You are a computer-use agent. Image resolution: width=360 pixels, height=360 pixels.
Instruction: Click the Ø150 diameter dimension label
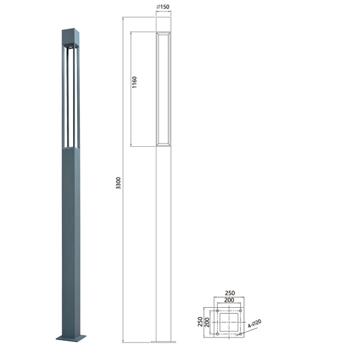(163, 7)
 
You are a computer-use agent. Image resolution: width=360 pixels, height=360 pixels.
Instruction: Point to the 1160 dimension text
(134, 83)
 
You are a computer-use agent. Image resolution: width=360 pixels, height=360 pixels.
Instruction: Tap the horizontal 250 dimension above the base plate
(229, 293)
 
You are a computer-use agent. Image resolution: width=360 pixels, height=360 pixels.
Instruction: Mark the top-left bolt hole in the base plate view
(218, 310)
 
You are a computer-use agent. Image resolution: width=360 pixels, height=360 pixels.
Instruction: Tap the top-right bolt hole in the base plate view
(241, 310)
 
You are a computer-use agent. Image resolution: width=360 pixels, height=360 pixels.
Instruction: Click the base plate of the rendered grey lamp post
(70, 337)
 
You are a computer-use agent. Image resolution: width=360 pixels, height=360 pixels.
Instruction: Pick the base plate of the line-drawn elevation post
(163, 341)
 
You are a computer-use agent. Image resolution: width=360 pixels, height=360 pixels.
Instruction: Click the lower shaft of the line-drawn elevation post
(163, 242)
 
